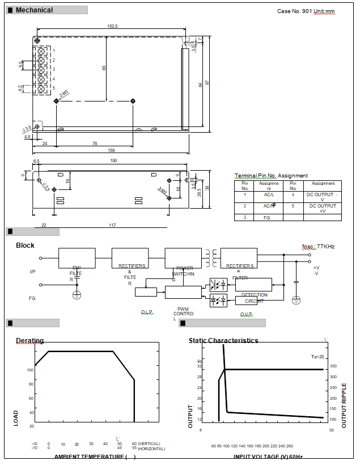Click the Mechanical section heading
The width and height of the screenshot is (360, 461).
coord(34,10)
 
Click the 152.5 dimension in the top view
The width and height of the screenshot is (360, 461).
coord(112,26)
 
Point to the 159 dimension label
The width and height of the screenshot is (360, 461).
coord(111,150)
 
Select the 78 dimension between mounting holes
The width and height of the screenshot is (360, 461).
coord(95,143)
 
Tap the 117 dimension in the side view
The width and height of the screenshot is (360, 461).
coord(112,225)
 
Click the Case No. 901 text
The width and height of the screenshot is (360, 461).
coord(294,11)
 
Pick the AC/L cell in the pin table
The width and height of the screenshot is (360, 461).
coord(269,194)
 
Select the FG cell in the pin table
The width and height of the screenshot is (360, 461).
coord(266,217)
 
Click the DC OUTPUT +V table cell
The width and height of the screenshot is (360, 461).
coord(323,208)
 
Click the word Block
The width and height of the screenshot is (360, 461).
coord(25,246)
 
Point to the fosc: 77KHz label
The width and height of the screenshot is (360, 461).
coord(318,247)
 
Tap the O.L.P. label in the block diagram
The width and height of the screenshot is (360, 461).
coord(147,312)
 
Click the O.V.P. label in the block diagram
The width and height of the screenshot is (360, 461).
coord(246,314)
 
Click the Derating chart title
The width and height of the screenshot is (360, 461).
coord(29,341)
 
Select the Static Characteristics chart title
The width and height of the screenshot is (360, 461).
coord(223,341)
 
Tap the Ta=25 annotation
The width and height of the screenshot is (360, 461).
coord(317,357)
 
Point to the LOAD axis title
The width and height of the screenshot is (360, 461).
coord(16,418)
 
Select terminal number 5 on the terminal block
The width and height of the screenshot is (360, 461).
coord(54,88)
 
